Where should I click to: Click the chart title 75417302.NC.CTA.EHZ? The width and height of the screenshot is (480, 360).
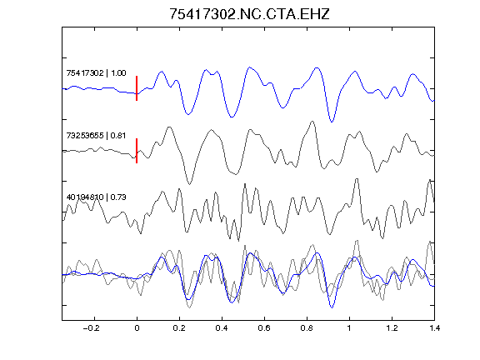pos(249,14)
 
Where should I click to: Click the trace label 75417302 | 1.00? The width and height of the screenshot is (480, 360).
pos(96,72)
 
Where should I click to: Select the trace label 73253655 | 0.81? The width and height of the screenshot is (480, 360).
pos(96,135)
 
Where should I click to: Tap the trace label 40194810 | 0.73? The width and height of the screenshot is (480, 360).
pos(96,197)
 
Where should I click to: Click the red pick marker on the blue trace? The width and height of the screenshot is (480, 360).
pos(137,88)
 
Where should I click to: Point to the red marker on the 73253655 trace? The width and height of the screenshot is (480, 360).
pos(137,151)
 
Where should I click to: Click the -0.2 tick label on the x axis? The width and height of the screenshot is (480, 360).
pos(92,328)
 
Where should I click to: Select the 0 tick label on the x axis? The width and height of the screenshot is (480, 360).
pos(137,328)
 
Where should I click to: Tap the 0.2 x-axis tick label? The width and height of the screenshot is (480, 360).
pos(179,328)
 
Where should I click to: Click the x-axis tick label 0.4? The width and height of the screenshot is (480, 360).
pos(222,328)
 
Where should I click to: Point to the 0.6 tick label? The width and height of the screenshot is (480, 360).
pos(264,328)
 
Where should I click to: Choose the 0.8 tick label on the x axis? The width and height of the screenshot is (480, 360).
pos(307,328)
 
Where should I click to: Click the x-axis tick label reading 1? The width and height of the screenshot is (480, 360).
pos(349,328)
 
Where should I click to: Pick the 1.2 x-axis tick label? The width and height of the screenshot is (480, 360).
pos(392,328)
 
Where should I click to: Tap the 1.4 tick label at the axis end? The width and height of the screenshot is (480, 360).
pos(434,328)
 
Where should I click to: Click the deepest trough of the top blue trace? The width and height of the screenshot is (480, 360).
pos(332,122)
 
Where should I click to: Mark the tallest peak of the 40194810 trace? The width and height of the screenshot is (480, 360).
pos(357,179)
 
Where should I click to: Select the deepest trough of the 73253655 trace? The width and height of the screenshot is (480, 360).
pos(190,184)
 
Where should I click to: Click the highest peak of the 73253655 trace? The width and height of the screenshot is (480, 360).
pos(312,121)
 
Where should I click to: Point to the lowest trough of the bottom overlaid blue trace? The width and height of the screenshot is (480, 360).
pos(332,307)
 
